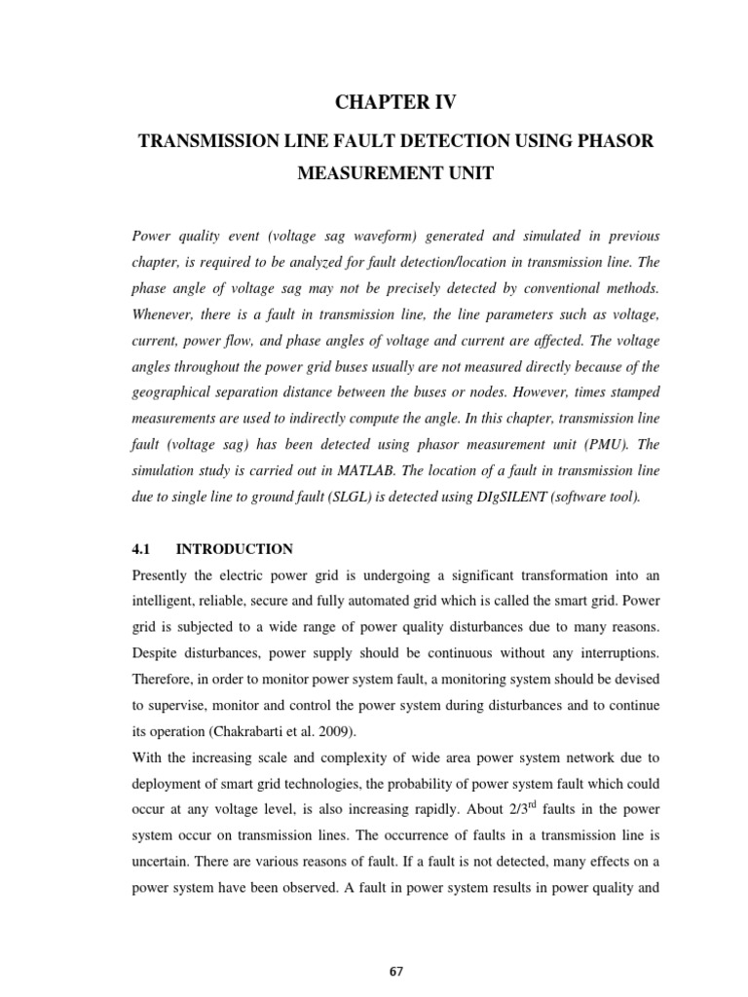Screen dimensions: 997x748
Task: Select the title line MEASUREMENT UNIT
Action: [395, 173]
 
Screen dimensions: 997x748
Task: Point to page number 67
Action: [394, 944]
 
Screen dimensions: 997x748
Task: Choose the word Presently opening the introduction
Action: [163, 574]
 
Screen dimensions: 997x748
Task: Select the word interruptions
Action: [609, 650]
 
